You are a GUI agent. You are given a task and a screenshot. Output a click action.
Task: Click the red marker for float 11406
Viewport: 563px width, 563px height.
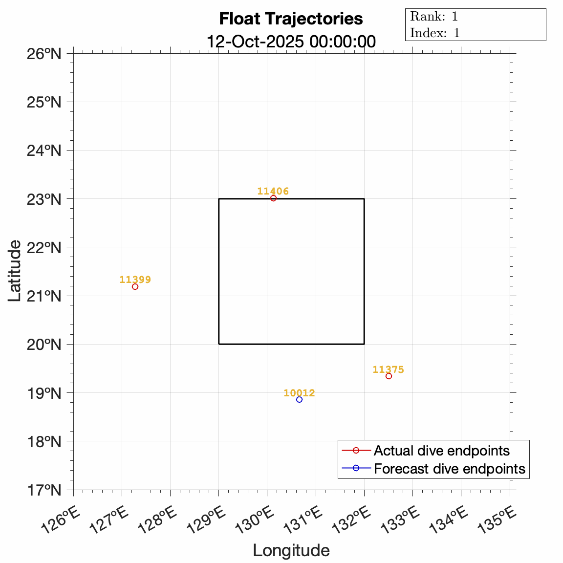(273, 198)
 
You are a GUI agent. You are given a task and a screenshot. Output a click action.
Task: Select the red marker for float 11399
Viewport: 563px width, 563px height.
(135, 286)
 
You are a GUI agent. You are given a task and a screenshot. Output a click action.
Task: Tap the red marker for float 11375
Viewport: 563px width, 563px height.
(389, 376)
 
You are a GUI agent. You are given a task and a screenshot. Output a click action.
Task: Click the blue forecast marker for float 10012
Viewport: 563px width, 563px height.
(299, 399)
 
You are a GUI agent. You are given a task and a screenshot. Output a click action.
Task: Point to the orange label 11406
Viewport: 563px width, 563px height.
(273, 191)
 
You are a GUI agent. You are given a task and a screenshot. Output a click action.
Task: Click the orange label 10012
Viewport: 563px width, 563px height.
(299, 393)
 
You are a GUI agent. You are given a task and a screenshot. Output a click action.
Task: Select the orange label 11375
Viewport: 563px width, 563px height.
(388, 369)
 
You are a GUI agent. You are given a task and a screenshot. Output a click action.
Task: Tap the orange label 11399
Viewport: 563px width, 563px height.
(135, 280)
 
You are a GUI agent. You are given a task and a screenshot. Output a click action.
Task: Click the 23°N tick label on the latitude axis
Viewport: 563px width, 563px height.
(44, 199)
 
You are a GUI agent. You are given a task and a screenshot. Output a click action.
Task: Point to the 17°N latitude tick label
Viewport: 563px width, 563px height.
(44, 490)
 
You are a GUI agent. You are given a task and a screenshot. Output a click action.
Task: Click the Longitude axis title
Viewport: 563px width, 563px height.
(291, 550)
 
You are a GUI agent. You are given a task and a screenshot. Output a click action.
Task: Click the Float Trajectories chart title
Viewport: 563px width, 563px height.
(291, 19)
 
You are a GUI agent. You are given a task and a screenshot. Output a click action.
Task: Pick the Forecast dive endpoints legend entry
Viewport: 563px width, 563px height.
(449, 469)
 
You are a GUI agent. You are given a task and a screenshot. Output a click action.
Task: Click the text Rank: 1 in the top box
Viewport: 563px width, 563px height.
(434, 16)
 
